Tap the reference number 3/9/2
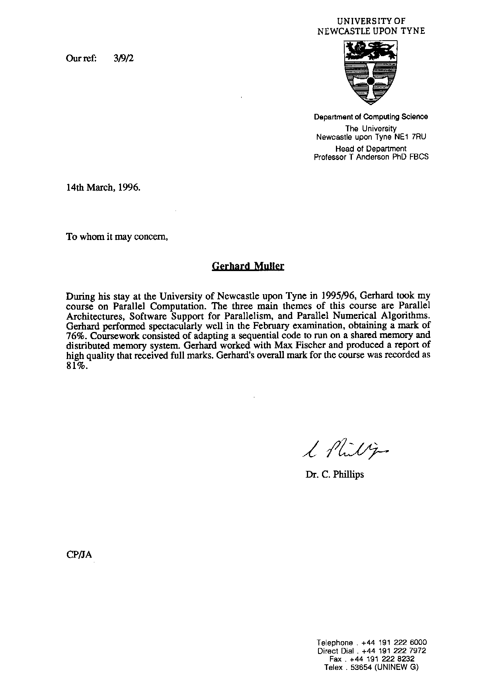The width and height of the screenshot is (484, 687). click(124, 59)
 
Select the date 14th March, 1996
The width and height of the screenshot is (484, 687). click(103, 187)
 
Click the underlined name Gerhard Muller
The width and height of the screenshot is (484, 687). click(248, 266)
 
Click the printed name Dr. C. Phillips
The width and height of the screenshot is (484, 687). click(335, 474)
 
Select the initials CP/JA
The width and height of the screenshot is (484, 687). click(79, 555)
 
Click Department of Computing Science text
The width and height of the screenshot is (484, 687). click(371, 117)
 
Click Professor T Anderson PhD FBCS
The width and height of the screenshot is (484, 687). click(371, 157)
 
